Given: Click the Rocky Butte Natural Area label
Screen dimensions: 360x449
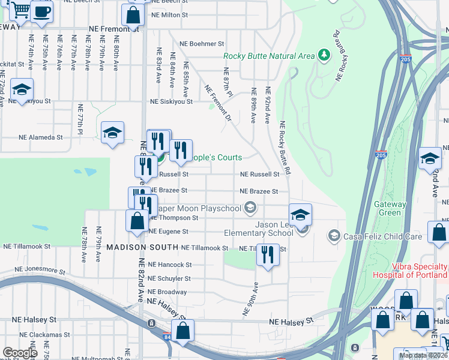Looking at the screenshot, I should (269, 56).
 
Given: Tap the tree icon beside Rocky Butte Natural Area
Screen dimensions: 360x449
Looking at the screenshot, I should (324, 56).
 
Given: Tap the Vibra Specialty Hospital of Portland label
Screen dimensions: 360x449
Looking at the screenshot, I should (419, 270).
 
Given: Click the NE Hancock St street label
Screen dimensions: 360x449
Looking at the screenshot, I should (169, 265).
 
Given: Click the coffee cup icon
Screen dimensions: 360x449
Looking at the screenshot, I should (41, 12).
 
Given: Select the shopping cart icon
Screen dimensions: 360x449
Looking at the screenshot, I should (20, 10).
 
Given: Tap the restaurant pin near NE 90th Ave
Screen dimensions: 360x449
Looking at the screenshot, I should (268, 254).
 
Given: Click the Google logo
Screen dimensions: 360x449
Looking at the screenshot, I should (20, 352).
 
